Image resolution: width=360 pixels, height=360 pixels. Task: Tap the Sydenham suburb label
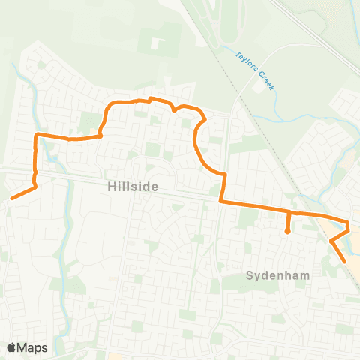(x=277, y=276)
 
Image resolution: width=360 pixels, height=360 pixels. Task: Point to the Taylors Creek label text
(x=256, y=71)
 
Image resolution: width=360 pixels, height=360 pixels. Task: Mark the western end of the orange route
(x=12, y=198)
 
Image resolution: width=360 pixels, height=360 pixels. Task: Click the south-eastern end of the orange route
(x=344, y=260)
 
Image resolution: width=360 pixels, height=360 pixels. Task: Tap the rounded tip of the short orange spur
(x=288, y=232)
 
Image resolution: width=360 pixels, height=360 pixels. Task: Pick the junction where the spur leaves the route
(x=289, y=213)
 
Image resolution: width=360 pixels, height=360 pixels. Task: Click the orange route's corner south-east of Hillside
(x=220, y=201)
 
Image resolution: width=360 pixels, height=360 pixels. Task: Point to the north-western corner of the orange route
(x=37, y=135)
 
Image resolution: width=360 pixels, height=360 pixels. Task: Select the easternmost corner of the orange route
(x=348, y=223)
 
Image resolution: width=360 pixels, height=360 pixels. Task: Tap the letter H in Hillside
(x=101, y=187)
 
